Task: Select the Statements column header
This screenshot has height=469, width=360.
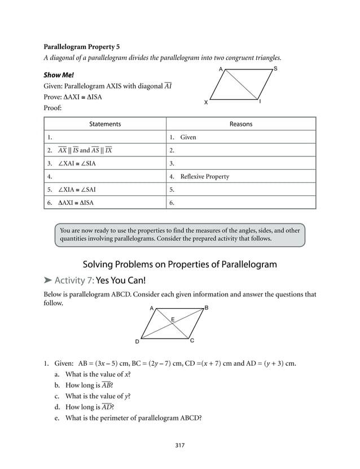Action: pyautogui.click(x=105, y=124)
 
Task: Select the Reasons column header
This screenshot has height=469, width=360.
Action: pyautogui.click(x=241, y=124)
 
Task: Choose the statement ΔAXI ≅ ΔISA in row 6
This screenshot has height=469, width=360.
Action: pyautogui.click(x=80, y=203)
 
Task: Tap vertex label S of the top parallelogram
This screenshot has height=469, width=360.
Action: pyautogui.click(x=275, y=68)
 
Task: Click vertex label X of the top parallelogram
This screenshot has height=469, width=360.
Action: pyautogui.click(x=205, y=102)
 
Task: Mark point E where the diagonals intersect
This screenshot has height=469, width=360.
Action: pyautogui.click(x=172, y=319)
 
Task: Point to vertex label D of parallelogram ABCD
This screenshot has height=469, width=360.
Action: pyautogui.click(x=137, y=342)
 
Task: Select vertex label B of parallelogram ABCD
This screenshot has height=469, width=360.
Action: pyautogui.click(x=207, y=308)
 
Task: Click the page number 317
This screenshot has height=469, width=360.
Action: pyautogui.click(x=180, y=445)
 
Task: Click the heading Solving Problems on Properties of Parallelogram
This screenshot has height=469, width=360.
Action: pyautogui.click(x=180, y=264)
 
